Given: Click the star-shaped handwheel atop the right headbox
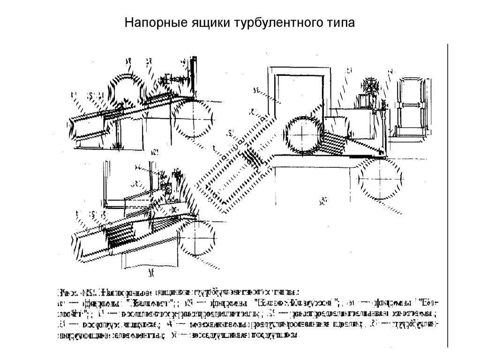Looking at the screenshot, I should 369,87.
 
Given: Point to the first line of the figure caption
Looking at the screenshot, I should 178,292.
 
